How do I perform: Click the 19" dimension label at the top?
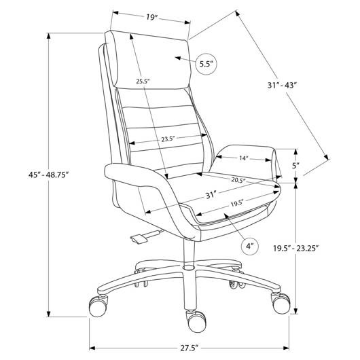[151, 18]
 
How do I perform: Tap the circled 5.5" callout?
[206, 64]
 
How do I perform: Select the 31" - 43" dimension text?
[282, 86]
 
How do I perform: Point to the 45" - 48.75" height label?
[49, 175]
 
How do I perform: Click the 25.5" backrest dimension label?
[143, 81]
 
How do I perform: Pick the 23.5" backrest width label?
[168, 139]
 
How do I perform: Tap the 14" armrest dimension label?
[244, 158]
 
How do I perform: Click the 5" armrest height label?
[295, 166]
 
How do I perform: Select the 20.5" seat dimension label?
[238, 180]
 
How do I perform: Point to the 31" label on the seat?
[211, 196]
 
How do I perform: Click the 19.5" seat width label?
[237, 203]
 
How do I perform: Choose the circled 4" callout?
[250, 247]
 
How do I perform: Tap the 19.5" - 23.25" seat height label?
[295, 248]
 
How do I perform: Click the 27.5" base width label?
[189, 348]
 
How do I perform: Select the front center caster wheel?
[196, 321]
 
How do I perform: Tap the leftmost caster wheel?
[98, 306]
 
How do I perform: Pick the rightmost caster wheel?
[281, 304]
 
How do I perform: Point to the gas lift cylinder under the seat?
[190, 253]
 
